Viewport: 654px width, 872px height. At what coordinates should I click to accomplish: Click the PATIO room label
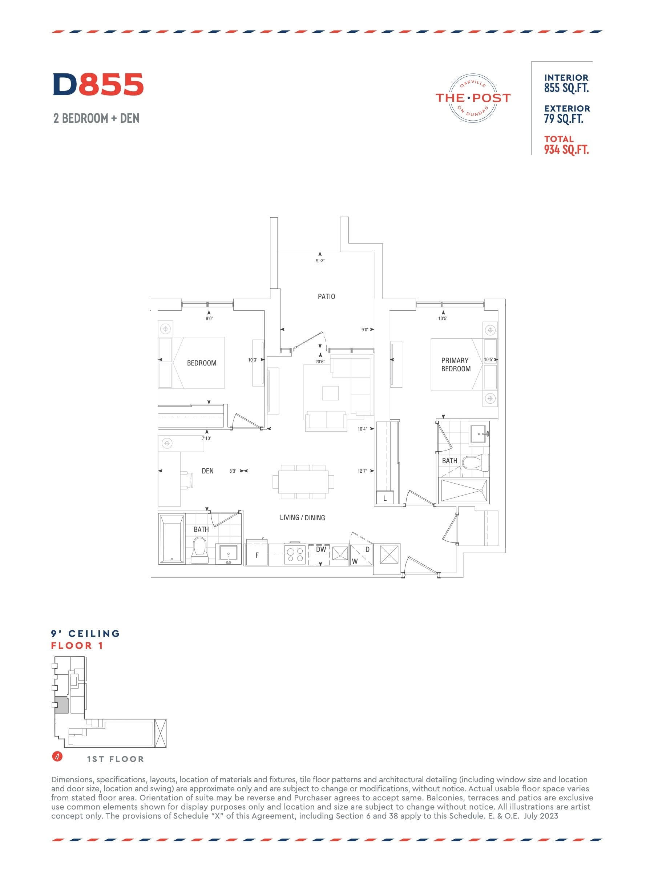coord(326,296)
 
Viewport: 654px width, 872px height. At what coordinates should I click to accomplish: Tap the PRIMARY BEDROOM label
coord(456,365)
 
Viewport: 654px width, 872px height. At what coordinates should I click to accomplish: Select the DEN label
coord(207,471)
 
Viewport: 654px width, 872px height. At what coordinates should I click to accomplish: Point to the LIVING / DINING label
coord(302,518)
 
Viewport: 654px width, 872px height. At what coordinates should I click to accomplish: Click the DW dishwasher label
coord(321,549)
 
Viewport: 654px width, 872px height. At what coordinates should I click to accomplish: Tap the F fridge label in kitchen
coord(257,555)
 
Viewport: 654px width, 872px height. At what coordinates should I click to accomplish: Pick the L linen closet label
coord(385,498)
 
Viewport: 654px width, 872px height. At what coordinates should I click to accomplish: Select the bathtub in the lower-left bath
coord(172,538)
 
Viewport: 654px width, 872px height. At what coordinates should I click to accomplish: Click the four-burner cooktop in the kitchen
coord(295,555)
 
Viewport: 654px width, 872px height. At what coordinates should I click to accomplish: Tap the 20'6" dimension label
coord(320,362)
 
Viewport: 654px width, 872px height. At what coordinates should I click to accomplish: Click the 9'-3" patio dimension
coord(320,261)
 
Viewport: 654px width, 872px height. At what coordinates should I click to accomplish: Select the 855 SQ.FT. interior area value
coord(566,88)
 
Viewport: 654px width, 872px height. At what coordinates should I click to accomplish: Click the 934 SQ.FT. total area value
coord(566,149)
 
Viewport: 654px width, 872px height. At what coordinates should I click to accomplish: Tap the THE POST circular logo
coord(473,97)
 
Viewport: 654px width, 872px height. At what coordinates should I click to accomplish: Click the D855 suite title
coord(98,84)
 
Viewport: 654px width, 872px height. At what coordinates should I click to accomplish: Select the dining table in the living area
coord(303,482)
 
